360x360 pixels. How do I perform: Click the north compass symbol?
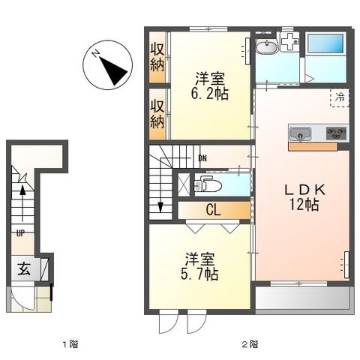(109, 64)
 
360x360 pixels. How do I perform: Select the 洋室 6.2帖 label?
(211, 86)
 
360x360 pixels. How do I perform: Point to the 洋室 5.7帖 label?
(199, 267)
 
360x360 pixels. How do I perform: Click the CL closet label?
(213, 211)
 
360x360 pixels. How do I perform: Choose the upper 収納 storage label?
(157, 56)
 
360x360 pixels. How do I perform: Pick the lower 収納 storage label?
(157, 112)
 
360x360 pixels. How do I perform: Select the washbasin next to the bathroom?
(266, 48)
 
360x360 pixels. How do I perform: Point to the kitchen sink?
(301, 135)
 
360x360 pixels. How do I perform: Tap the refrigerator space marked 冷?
(339, 97)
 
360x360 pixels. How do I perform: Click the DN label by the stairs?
(202, 158)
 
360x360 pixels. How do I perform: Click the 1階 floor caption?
(70, 345)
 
